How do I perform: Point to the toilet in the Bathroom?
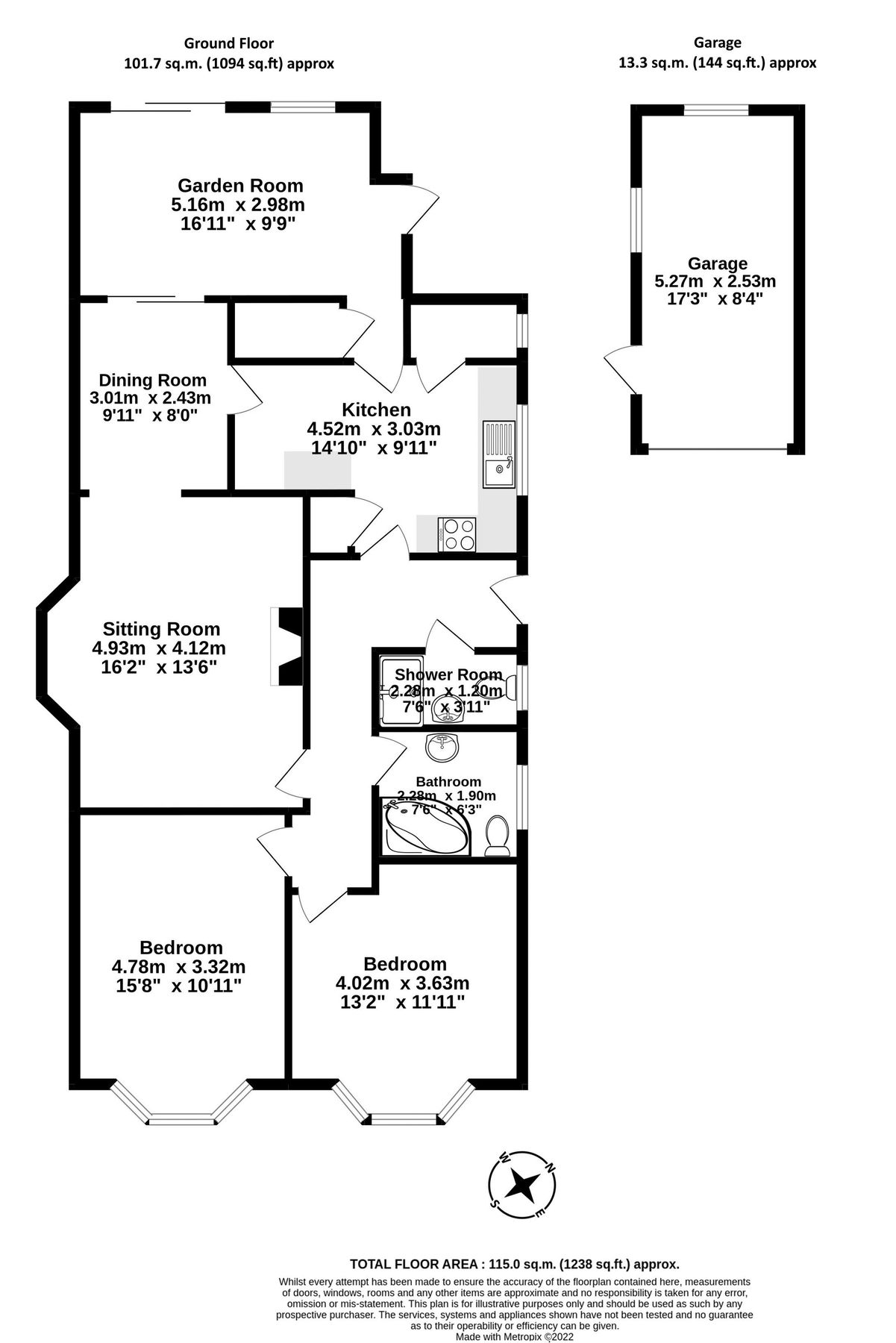click(498, 836)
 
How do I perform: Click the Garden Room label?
click(240, 185)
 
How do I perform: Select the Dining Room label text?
click(152, 381)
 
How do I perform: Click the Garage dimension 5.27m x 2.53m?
click(715, 281)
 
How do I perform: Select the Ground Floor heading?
click(228, 44)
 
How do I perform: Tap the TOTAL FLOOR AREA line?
click(515, 1264)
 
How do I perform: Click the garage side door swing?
click(619, 369)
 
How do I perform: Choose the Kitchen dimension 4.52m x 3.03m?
click(374, 429)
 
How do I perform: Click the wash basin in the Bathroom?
click(442, 748)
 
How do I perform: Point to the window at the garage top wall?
click(716, 110)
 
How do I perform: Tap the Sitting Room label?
click(161, 629)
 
